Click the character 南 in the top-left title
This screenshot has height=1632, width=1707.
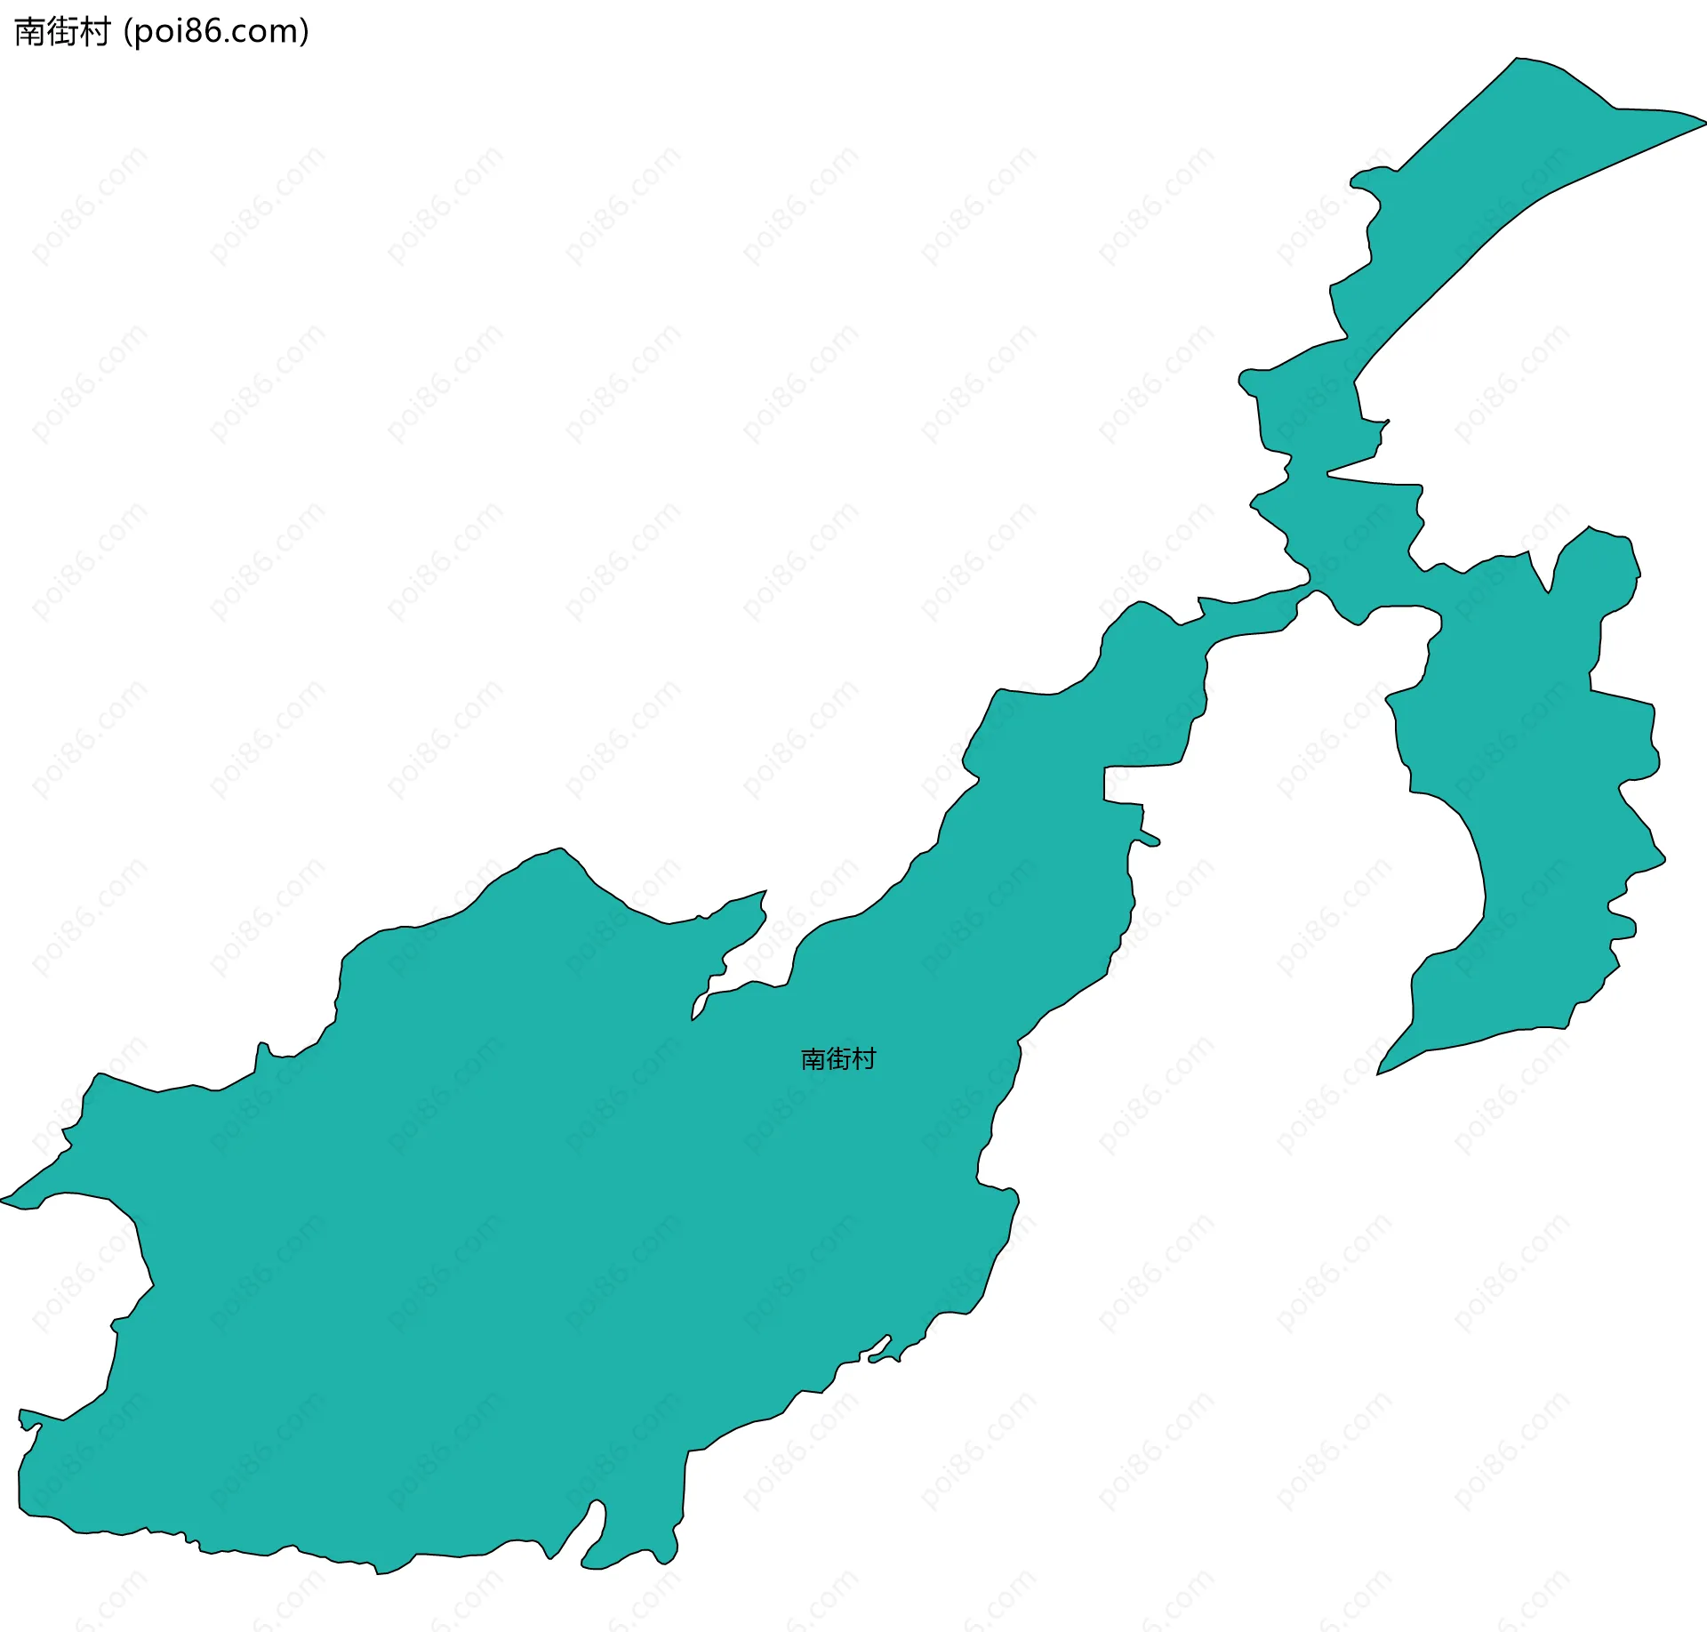click(x=29, y=32)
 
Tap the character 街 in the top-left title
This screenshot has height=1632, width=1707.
click(x=61, y=32)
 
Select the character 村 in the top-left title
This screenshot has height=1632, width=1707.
click(x=93, y=32)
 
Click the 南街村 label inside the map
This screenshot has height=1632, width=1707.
click(x=838, y=1058)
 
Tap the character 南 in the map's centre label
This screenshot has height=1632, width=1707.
click(x=813, y=1058)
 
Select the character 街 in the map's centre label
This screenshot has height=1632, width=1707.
click(x=838, y=1058)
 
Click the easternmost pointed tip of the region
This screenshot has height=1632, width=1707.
click(x=1703, y=122)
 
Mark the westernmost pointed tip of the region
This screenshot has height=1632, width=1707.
click(x=3, y=1200)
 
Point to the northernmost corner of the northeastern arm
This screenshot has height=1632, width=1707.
click(x=1518, y=60)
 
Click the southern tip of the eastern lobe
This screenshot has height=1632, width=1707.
click(x=1379, y=1073)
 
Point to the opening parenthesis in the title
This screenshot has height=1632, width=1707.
click(x=128, y=32)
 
